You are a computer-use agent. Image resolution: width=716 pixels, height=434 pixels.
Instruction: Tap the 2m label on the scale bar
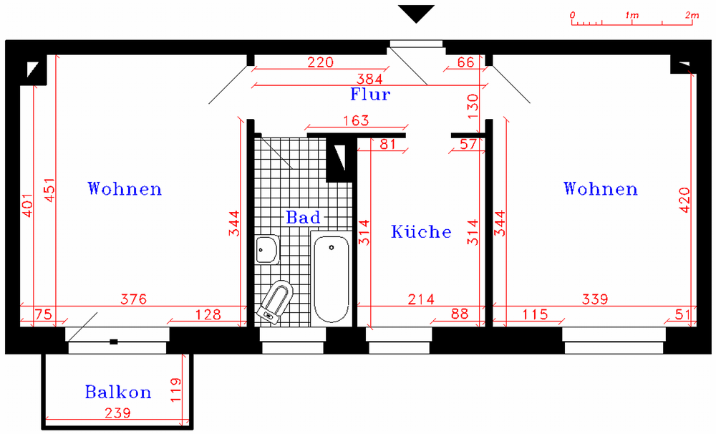click(x=692, y=15)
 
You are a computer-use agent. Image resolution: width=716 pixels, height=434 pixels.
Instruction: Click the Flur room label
click(x=370, y=94)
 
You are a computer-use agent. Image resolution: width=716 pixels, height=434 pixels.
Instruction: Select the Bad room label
click(x=303, y=217)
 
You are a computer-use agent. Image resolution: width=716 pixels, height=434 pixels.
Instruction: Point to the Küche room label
click(x=421, y=231)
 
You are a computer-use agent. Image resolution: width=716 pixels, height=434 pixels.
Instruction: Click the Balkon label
click(x=118, y=392)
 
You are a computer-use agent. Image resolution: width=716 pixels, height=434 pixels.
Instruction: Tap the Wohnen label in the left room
click(x=125, y=188)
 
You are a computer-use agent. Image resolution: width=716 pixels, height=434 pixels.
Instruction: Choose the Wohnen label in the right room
click(x=601, y=188)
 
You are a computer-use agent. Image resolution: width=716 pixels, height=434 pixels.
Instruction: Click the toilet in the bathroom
click(x=276, y=302)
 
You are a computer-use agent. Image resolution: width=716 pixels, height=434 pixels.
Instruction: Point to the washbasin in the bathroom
click(x=268, y=249)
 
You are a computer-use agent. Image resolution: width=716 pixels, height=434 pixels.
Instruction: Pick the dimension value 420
click(x=684, y=200)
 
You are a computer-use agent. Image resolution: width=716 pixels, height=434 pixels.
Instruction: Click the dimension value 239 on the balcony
click(x=118, y=413)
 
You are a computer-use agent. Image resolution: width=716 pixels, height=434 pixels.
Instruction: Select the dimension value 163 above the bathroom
click(x=356, y=120)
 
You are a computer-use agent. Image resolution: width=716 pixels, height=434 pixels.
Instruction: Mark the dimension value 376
click(x=134, y=299)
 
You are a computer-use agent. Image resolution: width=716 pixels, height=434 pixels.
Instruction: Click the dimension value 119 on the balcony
click(x=175, y=390)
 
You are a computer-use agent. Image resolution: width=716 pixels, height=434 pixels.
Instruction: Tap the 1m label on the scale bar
click(x=632, y=15)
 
